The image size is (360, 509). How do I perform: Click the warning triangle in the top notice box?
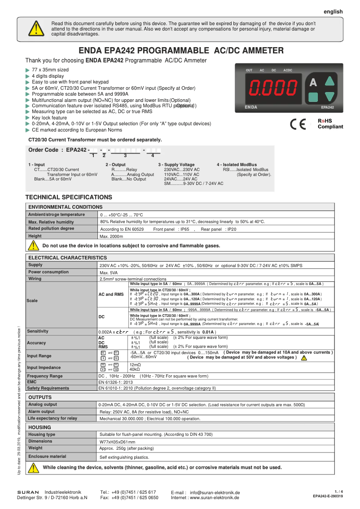click(x=35, y=28)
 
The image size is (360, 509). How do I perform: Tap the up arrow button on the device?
click(x=330, y=82)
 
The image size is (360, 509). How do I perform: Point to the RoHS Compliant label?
click(x=330, y=124)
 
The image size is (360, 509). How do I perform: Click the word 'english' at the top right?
click(x=333, y=12)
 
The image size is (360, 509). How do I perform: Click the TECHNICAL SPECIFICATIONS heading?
click(x=69, y=197)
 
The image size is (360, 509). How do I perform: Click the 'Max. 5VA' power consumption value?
click(x=109, y=272)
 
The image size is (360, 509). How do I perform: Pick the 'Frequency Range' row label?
click(x=45, y=376)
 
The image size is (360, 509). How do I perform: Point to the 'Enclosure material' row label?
click(x=47, y=456)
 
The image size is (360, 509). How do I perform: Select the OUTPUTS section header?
click(x=40, y=397)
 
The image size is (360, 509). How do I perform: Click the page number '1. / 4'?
click(x=338, y=491)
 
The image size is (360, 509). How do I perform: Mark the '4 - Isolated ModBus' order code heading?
click(x=237, y=165)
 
